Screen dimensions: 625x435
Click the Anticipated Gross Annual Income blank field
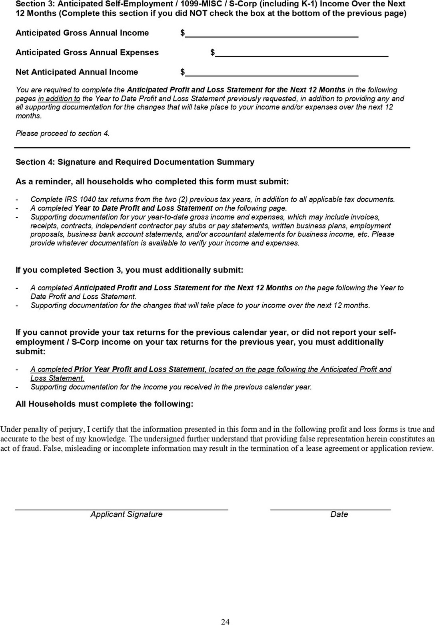[271, 34]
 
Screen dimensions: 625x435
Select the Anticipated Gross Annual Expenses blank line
[301, 53]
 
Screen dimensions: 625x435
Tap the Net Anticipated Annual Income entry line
[271, 73]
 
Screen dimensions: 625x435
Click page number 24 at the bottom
[225, 621]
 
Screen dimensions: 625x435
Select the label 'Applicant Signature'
[126, 514]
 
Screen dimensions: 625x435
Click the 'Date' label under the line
[339, 514]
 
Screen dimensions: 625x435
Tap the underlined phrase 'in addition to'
[59, 98]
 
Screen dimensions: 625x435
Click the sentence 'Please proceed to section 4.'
[62, 133]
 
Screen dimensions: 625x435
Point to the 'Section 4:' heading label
[35, 162]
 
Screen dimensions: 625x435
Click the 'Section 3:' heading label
[35, 4]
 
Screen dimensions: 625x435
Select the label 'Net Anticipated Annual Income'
[77, 72]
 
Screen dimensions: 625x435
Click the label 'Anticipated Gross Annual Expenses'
[87, 52]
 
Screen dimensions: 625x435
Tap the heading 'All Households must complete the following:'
[104, 404]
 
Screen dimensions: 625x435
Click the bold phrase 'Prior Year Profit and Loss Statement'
[140, 369]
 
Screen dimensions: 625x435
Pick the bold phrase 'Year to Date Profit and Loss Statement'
[143, 208]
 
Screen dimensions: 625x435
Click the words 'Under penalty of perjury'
[42, 429]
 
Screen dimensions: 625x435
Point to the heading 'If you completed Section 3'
[69, 270]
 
